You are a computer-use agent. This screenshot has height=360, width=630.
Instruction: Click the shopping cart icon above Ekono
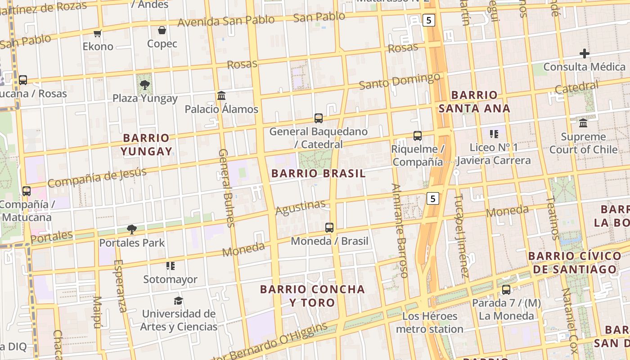click(x=98, y=33)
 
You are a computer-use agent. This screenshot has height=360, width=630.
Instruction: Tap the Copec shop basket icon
click(x=162, y=31)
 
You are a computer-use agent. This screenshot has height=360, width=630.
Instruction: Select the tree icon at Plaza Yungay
click(x=144, y=85)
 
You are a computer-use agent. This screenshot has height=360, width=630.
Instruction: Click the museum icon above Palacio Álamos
click(x=221, y=96)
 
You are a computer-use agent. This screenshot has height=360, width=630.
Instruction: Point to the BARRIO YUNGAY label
click(x=146, y=144)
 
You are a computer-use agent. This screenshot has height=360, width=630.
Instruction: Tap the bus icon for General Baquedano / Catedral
click(x=319, y=118)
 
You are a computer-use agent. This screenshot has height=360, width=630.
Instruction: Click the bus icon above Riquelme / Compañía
click(x=418, y=135)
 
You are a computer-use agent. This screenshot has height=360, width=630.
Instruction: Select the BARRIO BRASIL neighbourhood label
click(x=319, y=174)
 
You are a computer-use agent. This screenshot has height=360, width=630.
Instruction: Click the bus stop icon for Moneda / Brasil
click(x=329, y=228)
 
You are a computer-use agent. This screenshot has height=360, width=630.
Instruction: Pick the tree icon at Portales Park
click(x=132, y=229)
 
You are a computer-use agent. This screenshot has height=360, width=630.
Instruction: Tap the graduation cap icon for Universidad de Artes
click(x=179, y=301)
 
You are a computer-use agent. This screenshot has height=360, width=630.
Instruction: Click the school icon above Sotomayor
click(x=170, y=266)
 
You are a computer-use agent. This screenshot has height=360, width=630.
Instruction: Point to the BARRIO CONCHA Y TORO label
click(x=312, y=296)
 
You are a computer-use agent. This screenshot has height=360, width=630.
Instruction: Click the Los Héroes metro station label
click(x=429, y=323)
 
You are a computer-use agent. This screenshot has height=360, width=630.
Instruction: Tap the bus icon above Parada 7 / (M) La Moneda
click(x=506, y=290)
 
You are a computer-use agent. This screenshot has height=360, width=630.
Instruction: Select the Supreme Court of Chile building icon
click(x=584, y=123)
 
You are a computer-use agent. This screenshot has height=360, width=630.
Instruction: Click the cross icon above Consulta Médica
click(x=584, y=54)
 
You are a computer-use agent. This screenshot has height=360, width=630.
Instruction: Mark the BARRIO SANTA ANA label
click(x=474, y=102)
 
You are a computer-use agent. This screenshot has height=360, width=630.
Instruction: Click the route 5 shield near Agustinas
click(x=432, y=198)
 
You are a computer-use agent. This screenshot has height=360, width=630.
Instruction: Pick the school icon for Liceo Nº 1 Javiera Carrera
click(x=494, y=134)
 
